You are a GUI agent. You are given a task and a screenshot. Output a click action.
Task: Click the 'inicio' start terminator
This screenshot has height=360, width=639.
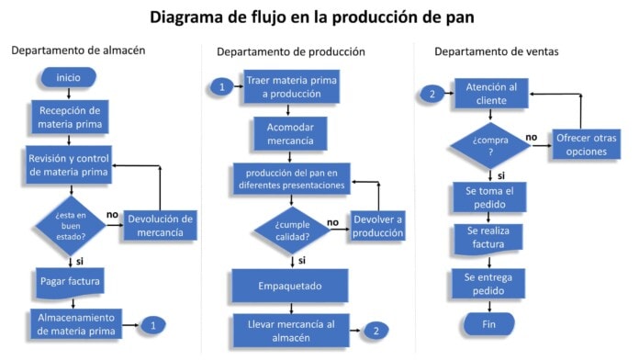pos(69,77)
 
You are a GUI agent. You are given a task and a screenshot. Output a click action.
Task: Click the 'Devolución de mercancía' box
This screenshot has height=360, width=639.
pos(161,224)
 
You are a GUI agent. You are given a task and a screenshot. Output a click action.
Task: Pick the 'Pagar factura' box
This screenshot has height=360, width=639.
pos(70,279)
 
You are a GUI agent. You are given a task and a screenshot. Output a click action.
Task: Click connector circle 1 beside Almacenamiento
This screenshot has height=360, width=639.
pos(154,324)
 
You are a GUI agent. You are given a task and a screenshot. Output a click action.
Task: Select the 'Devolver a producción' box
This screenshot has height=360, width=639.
pos(377,226)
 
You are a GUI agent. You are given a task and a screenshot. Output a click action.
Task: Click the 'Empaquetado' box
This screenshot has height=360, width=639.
pos(289,285)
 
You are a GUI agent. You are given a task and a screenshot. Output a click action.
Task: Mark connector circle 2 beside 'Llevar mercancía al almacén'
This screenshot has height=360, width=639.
pos(376,331)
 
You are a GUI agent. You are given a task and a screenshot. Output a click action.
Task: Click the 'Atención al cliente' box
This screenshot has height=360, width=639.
pos(491,93)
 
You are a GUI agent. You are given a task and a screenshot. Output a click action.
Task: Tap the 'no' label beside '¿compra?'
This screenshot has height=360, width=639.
pos(531,138)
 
